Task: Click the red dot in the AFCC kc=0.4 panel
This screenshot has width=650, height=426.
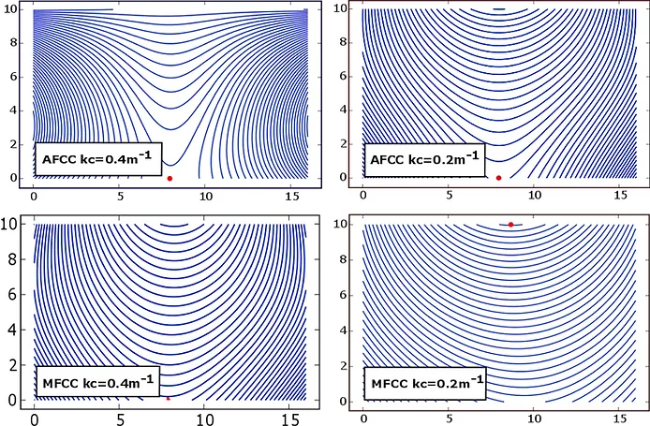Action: point(170,179)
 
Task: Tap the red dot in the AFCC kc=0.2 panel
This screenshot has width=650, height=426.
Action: point(498,178)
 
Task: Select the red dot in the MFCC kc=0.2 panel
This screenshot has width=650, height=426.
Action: point(510,225)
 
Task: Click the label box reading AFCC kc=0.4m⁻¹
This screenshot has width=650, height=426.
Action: point(97,159)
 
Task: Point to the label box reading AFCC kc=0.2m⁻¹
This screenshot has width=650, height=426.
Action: point(424,159)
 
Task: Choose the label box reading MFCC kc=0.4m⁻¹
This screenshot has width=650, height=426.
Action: point(97,383)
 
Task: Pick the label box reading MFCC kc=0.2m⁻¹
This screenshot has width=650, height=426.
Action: point(425,383)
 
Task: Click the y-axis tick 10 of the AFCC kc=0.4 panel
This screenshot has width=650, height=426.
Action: point(11,8)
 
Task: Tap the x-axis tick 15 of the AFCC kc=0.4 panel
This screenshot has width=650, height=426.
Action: point(292,197)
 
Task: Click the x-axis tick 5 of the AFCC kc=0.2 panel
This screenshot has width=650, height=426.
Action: point(449,195)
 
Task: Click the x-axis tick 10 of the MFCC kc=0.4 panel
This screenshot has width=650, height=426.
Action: point(204,419)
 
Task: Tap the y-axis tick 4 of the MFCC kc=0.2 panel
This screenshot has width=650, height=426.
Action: point(344,331)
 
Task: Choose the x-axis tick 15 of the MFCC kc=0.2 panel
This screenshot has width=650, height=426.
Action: point(620,419)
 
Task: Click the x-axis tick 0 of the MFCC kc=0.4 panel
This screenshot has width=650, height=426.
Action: point(35,419)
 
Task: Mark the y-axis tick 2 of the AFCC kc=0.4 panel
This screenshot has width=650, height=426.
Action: point(14,144)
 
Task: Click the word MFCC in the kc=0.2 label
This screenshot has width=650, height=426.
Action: point(390,384)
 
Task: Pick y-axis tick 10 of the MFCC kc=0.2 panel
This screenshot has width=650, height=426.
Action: point(341,224)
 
